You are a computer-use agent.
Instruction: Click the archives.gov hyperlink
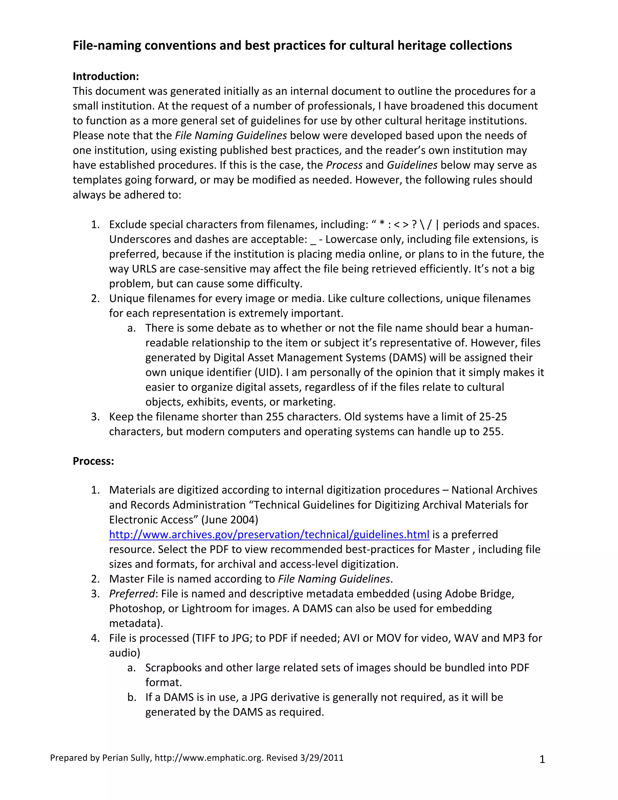(x=269, y=534)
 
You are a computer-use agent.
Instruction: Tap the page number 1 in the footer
(x=542, y=760)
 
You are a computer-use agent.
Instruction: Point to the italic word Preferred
(x=132, y=594)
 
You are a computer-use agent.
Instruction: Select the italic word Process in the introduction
(x=344, y=165)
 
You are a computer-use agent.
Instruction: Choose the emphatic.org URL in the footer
(x=209, y=758)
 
